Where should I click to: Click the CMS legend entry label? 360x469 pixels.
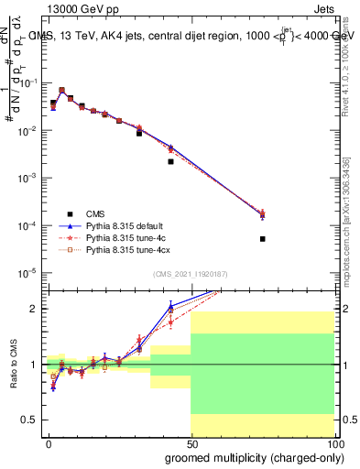pos(95,213)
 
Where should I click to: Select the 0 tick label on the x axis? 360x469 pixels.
pos(49,442)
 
